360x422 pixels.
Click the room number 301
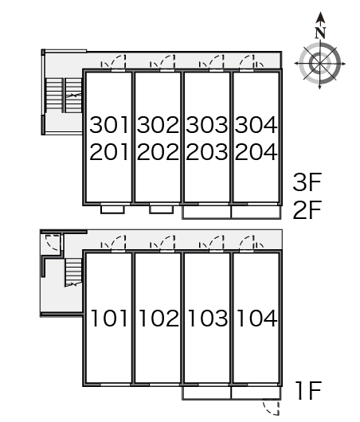[109, 124]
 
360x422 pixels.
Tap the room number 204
[256, 152]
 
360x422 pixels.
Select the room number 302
[158, 124]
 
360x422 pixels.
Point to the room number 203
[207, 152]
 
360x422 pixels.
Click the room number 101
[109, 318]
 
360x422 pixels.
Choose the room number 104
[257, 318]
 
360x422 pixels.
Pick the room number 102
[158, 318]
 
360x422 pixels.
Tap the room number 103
[208, 318]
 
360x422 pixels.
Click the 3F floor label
[307, 182]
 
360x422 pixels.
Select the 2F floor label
[307, 209]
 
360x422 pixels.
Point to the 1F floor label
[308, 390]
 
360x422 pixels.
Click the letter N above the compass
[320, 33]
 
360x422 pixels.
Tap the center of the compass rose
[320, 64]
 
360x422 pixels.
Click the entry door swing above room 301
[119, 57]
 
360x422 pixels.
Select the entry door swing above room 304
[245, 57]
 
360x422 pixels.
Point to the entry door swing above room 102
[167, 238]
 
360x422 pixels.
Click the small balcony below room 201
[112, 209]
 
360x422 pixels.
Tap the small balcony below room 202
[162, 209]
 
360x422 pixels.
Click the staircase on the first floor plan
[73, 272]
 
